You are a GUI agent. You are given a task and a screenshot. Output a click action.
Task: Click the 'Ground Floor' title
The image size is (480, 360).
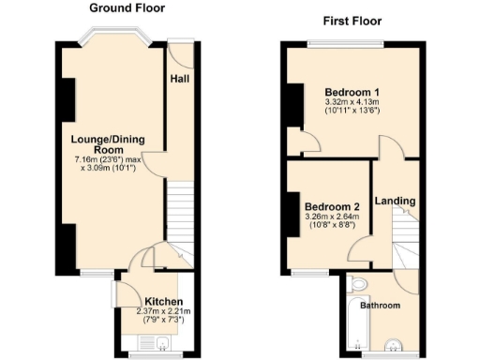click(127, 8)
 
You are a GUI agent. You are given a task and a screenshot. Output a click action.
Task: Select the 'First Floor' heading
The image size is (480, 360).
click(356, 20)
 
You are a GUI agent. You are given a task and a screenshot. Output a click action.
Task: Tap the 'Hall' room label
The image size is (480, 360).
click(180, 79)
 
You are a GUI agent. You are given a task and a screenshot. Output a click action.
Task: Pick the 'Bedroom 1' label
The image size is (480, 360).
click(345, 92)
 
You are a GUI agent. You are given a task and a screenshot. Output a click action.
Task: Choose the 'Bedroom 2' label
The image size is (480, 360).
click(332, 206)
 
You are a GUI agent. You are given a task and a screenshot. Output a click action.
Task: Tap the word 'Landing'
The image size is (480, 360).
click(396, 201)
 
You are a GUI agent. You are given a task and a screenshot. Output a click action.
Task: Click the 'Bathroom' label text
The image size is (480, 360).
click(382, 306)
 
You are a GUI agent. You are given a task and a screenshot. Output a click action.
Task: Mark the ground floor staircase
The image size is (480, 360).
click(180, 216)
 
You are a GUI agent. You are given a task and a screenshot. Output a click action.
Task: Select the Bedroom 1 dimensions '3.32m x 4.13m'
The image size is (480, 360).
click(352, 102)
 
